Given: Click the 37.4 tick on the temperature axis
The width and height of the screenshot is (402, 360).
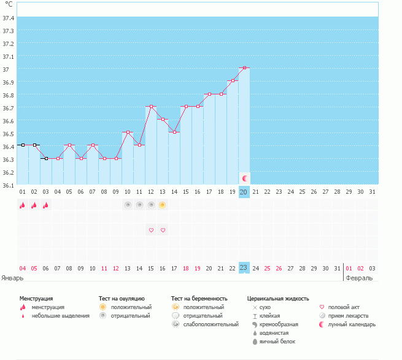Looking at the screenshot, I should coord(9,18).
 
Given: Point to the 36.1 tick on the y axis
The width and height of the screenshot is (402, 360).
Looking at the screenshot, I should coord(9,185).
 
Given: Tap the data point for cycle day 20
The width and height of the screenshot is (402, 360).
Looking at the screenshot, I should coord(244,67).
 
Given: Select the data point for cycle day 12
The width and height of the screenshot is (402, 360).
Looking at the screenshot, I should coord(151,107).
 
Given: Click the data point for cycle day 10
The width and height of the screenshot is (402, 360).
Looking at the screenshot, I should coord(128,132).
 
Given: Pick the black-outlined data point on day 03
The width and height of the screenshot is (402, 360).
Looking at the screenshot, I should coord(45,158).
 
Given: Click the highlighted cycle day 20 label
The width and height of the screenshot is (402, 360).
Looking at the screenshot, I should coord(244,193).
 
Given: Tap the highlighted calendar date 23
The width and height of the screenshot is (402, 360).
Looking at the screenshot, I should coord(244,267).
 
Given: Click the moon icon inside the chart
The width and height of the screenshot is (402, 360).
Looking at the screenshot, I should coord(244,178).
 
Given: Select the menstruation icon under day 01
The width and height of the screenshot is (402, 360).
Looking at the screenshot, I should coord(22,205).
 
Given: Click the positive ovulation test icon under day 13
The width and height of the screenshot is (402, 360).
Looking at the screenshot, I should coord(163,205).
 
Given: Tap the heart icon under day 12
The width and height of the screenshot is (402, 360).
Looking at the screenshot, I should coord(151,230).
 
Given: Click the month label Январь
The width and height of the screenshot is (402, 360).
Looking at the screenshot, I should coord(12,277).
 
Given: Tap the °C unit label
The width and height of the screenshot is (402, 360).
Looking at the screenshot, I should coord(9,4).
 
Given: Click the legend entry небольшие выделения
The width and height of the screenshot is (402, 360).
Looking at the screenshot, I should coord(60,316).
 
